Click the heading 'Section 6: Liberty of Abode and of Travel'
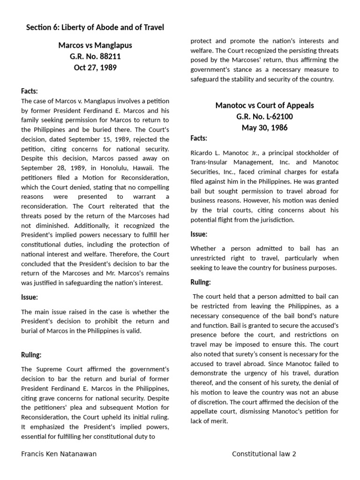pos(95,28)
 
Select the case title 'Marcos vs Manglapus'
pos(95,45)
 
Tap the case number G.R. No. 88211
pos(95,56)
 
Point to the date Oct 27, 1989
pos(95,67)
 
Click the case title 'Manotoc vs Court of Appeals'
pos(264,105)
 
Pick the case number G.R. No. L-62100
pos(264,116)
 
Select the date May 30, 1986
pos(264,127)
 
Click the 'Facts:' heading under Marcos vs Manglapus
pos(30,91)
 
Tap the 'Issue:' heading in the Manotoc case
pos(199,234)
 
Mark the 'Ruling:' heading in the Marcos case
pos(31,355)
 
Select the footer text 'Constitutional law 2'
pos(264,454)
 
